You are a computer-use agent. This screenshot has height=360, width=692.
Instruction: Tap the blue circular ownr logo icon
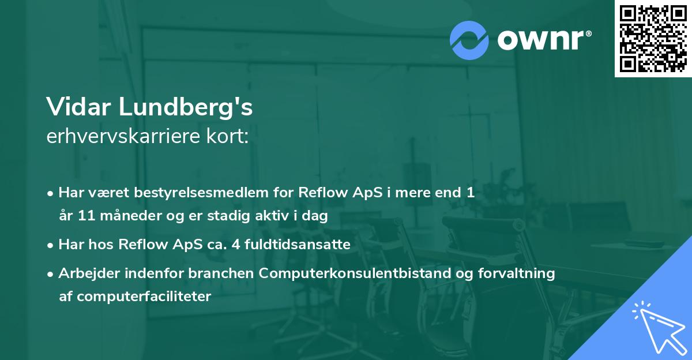click(470, 40)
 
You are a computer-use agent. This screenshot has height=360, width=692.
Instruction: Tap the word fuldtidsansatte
click(301, 245)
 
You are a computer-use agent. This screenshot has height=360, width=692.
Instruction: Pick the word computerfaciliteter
click(144, 297)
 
